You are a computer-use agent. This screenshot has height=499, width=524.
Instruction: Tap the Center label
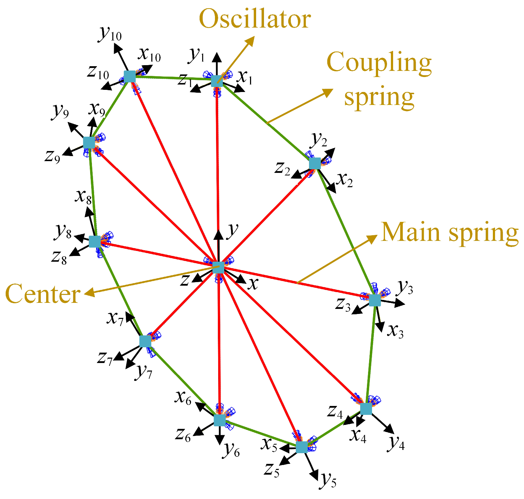(x=43, y=294)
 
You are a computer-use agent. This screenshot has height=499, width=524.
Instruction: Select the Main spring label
(x=450, y=232)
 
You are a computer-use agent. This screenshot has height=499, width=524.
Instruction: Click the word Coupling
(x=379, y=62)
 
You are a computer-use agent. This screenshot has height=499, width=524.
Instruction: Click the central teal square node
(x=218, y=267)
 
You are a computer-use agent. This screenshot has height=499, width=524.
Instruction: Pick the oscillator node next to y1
(x=217, y=81)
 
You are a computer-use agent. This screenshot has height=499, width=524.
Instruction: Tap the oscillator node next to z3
(x=374, y=300)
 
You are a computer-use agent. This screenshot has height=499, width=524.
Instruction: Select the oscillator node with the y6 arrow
(x=220, y=420)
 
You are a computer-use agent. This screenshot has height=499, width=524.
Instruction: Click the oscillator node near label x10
(x=129, y=77)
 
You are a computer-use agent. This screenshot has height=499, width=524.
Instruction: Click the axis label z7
(x=105, y=358)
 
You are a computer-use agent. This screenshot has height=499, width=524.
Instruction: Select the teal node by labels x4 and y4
(x=366, y=408)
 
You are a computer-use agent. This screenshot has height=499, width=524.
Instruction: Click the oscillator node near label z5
(x=302, y=447)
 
